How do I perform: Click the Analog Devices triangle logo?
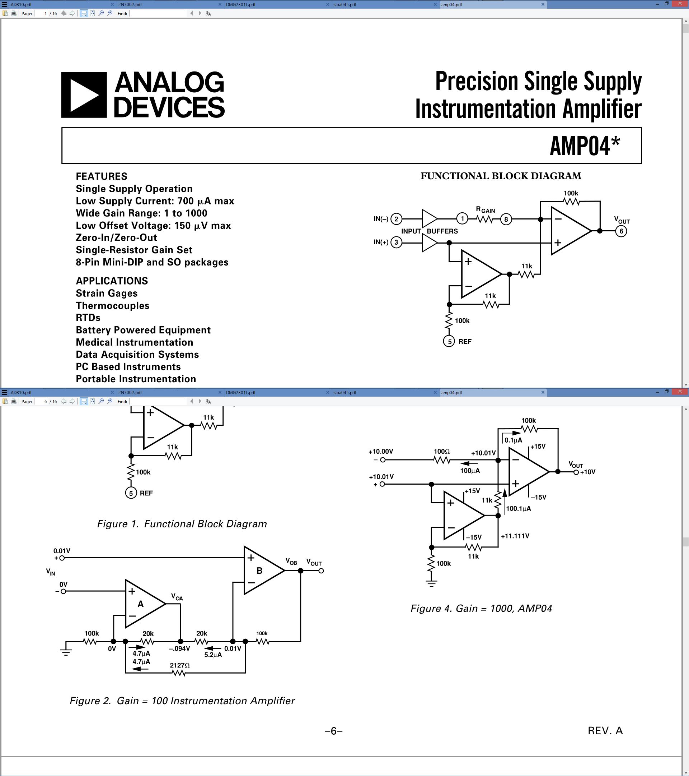coord(84,94)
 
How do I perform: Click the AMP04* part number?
coord(584,146)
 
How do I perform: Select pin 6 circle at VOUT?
coord(621,231)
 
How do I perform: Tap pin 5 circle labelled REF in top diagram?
coord(449,341)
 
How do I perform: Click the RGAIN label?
coord(486,210)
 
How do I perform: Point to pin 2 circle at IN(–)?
coord(396,219)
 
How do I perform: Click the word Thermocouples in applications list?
coord(113,306)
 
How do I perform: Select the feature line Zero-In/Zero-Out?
coord(116,238)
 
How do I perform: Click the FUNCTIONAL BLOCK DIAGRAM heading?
coord(501,176)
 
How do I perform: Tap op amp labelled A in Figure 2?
coord(141,604)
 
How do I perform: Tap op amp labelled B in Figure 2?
coord(259,571)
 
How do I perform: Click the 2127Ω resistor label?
coord(180,665)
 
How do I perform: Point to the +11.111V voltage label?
coord(515,536)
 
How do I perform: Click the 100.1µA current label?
coord(518,508)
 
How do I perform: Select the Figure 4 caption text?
coord(481,609)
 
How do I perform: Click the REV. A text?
coord(605,731)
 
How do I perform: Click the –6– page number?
coord(333,731)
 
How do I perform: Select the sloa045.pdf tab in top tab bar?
coord(345,5)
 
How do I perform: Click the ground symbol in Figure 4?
coord(431,583)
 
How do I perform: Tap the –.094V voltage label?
coord(179,649)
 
